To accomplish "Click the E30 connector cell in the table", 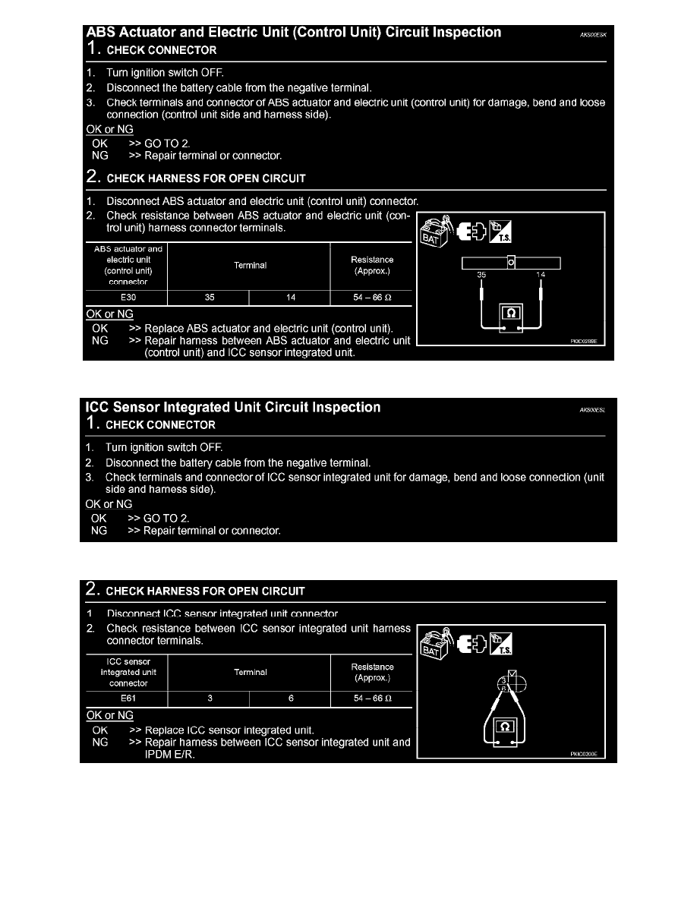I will pyautogui.click(x=128, y=298).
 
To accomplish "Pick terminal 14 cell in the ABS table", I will pyautogui.click(x=290, y=298).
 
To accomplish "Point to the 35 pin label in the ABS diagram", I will pyautogui.click(x=481, y=275).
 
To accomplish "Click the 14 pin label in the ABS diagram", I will pyautogui.click(x=540, y=275).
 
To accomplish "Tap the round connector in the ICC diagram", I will pyautogui.click(x=512, y=684).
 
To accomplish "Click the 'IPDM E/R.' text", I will pyautogui.click(x=169, y=754).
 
